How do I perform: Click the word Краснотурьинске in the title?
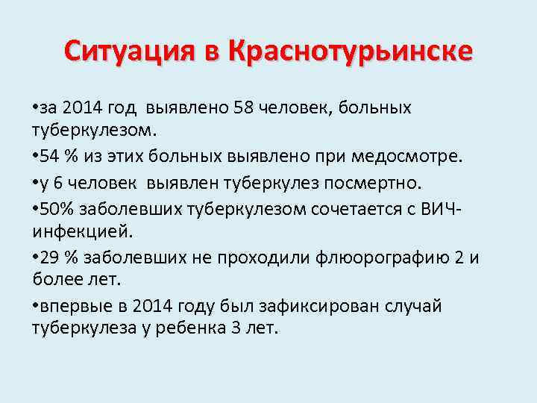[351, 51]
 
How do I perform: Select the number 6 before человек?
[57, 182]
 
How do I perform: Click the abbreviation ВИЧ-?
[442, 207]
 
